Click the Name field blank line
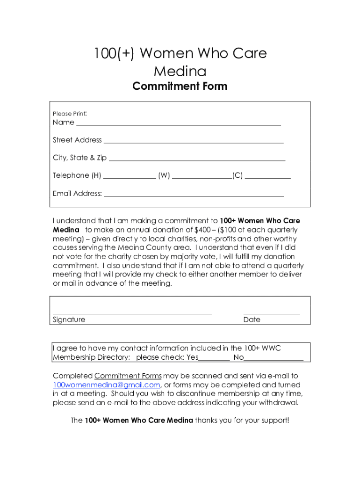coord(178,124)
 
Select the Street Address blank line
coord(193,142)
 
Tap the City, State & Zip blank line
coord(196,160)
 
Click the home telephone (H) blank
coord(130,177)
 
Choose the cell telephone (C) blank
coord(267,177)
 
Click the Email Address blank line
coord(194,195)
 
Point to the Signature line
coord(132,313)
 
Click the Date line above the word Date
coord(271,313)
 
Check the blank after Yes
coord(214,359)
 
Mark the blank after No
coord(274,359)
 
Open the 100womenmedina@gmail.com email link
coord(107,385)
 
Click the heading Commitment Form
coord(180,87)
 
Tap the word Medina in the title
coord(180,72)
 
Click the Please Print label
coord(69,114)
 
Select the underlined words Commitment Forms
coord(128,376)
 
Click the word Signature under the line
coord(69,320)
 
